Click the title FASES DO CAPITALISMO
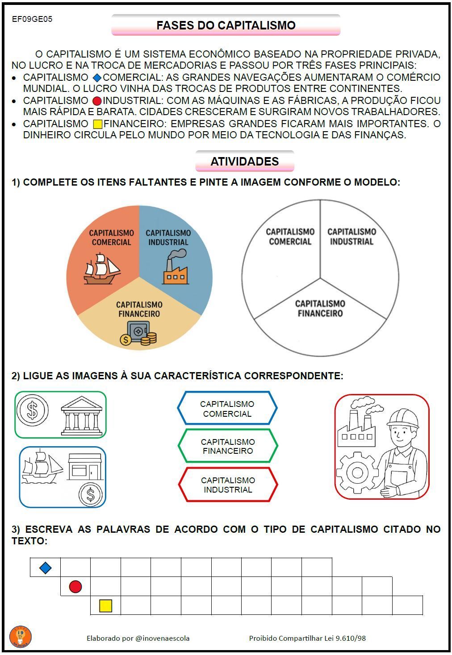coord(226,25)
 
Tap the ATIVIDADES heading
coord(244,162)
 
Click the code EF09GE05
coord(32,19)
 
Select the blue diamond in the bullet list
coord(97,78)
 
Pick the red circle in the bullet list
coord(97,101)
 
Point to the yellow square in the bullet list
coord(97,124)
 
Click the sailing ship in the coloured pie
coord(102,269)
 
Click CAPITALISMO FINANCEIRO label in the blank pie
coord(320,308)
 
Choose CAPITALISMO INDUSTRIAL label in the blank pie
coord(352,236)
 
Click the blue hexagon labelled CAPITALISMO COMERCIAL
coord(227,408)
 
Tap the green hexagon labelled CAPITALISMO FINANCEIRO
coord(228,446)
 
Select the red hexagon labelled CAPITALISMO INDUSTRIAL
coord(228,485)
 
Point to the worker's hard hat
coord(403,417)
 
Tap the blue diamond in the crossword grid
coord(45,568)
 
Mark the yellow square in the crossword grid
coord(105,605)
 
